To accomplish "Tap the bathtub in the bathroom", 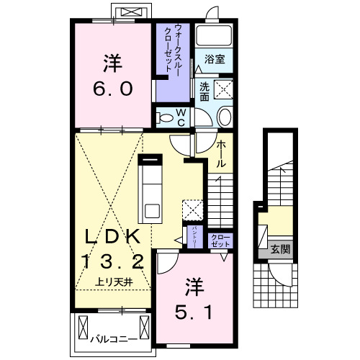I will coord(213,37).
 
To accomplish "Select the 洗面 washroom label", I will coord(204,91).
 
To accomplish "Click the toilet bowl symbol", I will coord(165,117).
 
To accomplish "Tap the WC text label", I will coord(183,117).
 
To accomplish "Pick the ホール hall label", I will coord(221,153).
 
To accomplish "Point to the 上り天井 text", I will coord(112,282).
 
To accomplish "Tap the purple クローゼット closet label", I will coord(218,240).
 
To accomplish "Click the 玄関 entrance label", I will coord(281,251).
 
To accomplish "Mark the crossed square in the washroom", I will coord(224,91).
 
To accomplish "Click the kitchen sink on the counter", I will coord(152,212).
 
